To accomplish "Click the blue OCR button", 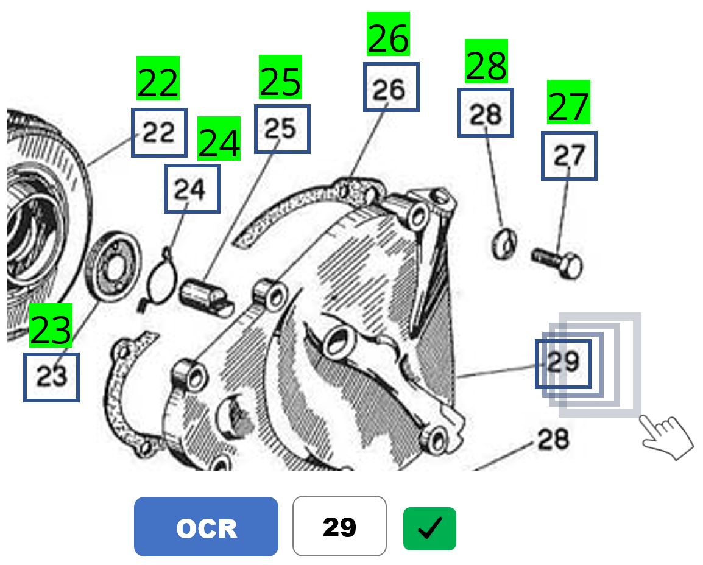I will (x=206, y=527).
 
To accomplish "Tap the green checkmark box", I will (x=429, y=528).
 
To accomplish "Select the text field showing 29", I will (x=339, y=527).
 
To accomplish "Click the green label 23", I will (x=51, y=326).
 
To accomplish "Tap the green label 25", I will (x=280, y=77).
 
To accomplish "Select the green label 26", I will (x=389, y=34).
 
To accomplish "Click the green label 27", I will (x=568, y=102).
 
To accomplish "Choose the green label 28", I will (x=486, y=61).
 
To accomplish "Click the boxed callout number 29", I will (x=563, y=363).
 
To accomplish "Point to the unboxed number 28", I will (x=553, y=440).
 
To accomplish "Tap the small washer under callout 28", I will (x=503, y=244).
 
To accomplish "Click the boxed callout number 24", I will (x=191, y=189).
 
